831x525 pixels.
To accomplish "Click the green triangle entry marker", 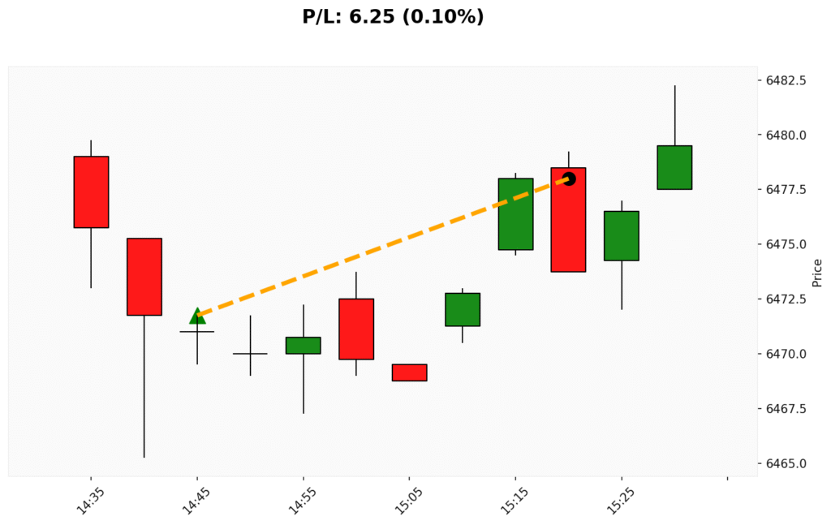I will click(x=197, y=316).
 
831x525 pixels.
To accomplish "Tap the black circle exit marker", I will click(x=569, y=179).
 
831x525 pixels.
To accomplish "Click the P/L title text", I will click(x=393, y=16).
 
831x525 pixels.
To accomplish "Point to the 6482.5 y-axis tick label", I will click(x=786, y=80).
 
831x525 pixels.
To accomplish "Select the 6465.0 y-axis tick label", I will click(x=786, y=463).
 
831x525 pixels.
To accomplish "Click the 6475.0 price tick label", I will click(x=786, y=244).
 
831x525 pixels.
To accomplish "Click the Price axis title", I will click(x=817, y=273).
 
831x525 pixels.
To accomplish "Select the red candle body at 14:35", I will click(x=91, y=191).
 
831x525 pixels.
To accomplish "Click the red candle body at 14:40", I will click(x=144, y=277).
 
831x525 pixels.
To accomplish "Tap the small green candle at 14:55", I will click(x=303, y=346).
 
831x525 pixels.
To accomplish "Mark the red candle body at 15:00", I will click(x=355, y=329).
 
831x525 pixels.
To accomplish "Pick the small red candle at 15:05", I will click(x=409, y=372).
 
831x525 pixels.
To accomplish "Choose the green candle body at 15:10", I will click(x=463, y=309).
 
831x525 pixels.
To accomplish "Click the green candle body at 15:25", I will click(x=622, y=235).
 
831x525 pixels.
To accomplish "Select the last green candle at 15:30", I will click(x=674, y=167).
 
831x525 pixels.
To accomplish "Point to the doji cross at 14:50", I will click(x=250, y=354).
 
